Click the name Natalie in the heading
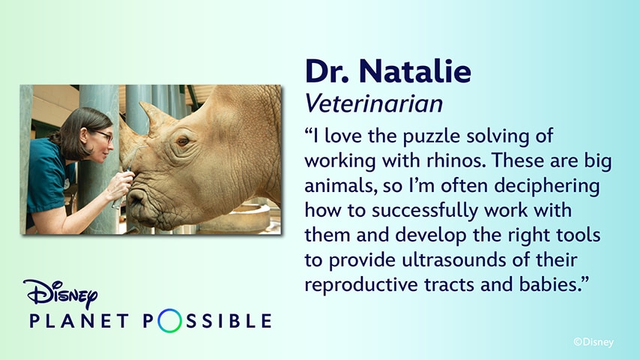point(415,71)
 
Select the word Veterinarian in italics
point(374,103)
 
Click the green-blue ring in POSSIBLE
point(170,322)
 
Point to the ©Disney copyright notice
point(593,342)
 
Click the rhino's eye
point(182,140)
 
